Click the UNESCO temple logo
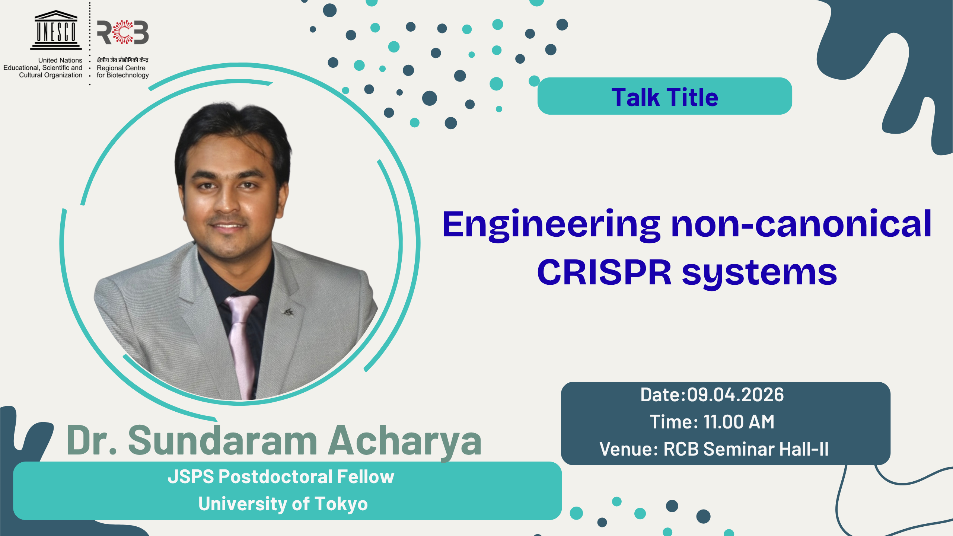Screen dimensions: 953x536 coord(56,30)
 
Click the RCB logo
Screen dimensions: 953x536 coord(123,32)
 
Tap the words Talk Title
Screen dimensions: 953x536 coord(665,98)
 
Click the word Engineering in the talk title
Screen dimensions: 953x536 coord(551,225)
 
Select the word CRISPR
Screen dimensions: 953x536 coord(604,272)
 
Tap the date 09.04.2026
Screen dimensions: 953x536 coord(735,395)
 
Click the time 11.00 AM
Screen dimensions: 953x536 coord(739,422)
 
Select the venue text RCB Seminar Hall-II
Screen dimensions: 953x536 coord(746,449)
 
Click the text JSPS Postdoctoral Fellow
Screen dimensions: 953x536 coord(281,477)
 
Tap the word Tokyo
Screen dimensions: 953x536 coord(341,504)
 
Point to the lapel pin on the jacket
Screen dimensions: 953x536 coord(288,312)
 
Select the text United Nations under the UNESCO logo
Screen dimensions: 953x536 coord(60,60)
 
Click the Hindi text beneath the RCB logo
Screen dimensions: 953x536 coord(122,60)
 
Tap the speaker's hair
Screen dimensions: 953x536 coord(231,130)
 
